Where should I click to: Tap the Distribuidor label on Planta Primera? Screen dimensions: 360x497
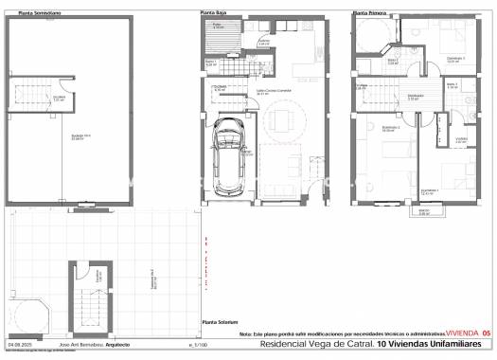[415, 97]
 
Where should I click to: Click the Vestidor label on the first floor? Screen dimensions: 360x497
[461, 140]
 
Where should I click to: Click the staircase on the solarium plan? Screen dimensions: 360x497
[92, 303]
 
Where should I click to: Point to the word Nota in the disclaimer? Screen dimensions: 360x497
[246, 334]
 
